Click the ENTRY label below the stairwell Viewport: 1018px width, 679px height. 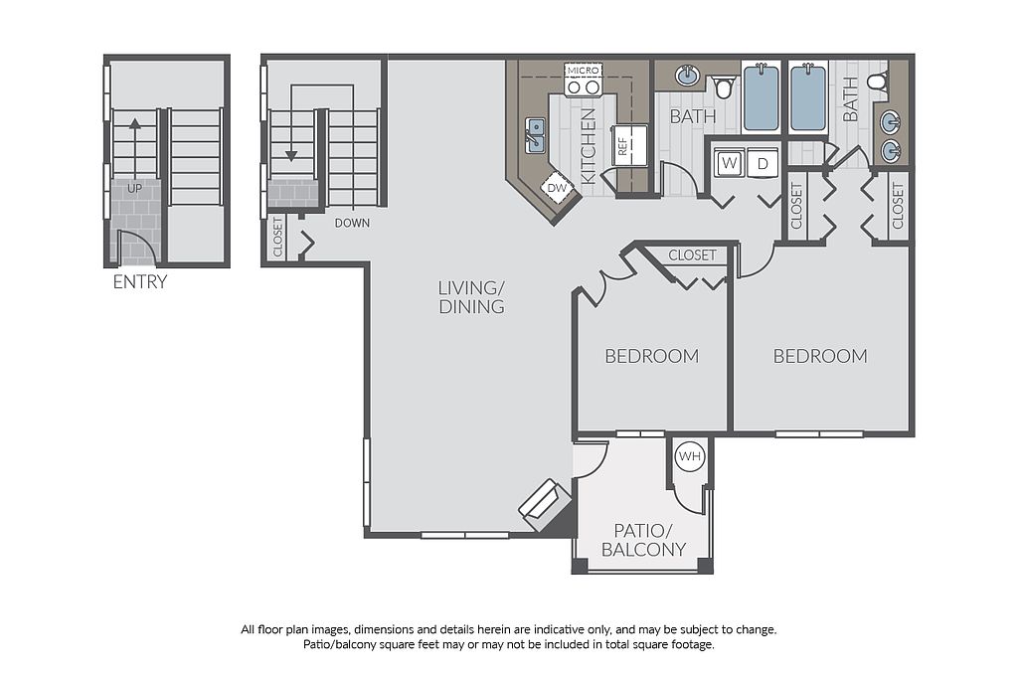[x=139, y=281]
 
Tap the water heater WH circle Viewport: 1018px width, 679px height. [x=690, y=456]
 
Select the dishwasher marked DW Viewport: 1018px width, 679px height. [x=557, y=188]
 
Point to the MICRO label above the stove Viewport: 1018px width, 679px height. [x=583, y=71]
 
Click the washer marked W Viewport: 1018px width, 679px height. [x=729, y=163]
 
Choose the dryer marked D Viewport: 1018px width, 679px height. [x=763, y=163]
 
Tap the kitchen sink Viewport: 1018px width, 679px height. [x=536, y=135]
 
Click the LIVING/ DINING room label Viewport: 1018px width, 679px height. [x=471, y=297]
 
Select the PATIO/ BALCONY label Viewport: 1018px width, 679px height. [x=643, y=541]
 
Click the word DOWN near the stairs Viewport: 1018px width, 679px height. [x=352, y=224]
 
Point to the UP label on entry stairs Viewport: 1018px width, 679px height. [x=134, y=189]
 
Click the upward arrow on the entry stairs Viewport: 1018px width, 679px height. [x=134, y=147]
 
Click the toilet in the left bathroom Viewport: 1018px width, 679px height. [x=724, y=86]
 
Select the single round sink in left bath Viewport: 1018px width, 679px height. [x=687, y=76]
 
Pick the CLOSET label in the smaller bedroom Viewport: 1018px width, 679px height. [x=692, y=255]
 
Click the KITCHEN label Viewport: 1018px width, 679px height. [x=588, y=146]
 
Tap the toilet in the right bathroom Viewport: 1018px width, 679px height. [x=878, y=85]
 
